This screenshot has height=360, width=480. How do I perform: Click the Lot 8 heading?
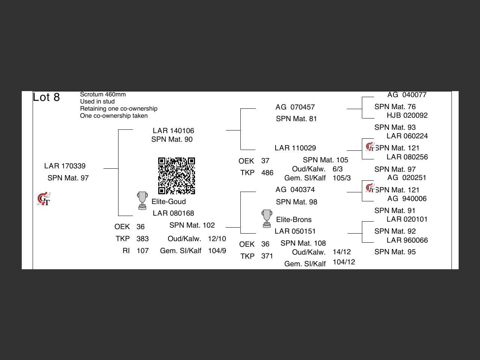[x=46, y=97]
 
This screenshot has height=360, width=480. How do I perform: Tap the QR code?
[x=176, y=176]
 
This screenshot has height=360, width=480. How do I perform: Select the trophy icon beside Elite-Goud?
[x=142, y=201]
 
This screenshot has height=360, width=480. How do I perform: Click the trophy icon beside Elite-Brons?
[x=267, y=219]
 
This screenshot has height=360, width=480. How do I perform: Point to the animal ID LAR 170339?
[x=65, y=166]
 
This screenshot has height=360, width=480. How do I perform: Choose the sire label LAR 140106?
[x=173, y=130]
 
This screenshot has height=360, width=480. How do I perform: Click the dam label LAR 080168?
[x=173, y=213]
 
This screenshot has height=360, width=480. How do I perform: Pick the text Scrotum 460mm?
[x=103, y=94]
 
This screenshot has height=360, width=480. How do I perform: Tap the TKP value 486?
[x=267, y=172]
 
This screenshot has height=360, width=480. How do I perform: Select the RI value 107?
[x=142, y=250]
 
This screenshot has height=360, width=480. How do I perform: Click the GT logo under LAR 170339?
[x=43, y=199]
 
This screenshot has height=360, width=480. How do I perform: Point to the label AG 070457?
[x=295, y=107]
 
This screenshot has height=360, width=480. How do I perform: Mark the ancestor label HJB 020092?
[x=407, y=115]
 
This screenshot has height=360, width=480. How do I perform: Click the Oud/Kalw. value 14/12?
[x=342, y=252]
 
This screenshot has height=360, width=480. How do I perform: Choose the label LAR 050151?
[x=295, y=231]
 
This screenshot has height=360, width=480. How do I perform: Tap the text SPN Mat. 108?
[x=303, y=243]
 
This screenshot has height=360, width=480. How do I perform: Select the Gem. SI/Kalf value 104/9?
[x=217, y=250]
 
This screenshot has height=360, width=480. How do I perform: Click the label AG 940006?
[x=407, y=198]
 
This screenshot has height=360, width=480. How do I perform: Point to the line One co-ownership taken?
[x=114, y=115]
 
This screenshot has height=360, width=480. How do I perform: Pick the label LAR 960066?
[x=407, y=240]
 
